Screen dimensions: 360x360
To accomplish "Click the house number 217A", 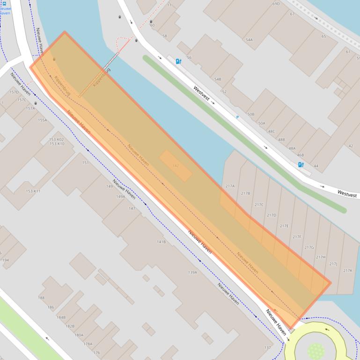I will click(x=230, y=186).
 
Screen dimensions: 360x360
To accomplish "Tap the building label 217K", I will click(x=347, y=271).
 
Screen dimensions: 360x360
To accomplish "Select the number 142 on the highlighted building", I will click(x=176, y=166).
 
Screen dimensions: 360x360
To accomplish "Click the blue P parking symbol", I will click(x=237, y=117).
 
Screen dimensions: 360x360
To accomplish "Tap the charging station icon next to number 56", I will click(x=178, y=61).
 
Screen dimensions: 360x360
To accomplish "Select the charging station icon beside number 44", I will click(x=301, y=164).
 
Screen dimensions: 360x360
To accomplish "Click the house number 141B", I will click(x=161, y=242).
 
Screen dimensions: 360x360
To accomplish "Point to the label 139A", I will click(x=192, y=272).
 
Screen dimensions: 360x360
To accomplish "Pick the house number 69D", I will click(x=276, y=4).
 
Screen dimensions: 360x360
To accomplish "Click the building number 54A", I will click(x=249, y=40).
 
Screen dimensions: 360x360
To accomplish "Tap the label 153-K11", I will click(x=33, y=191).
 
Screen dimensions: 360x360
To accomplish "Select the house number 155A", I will click(x=43, y=120).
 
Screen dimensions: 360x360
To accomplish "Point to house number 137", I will click(x=267, y=347).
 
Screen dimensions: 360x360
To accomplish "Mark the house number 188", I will click(x=41, y=298).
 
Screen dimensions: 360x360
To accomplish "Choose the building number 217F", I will click(x=297, y=237).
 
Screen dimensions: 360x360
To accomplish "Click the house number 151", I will click(x=85, y=163).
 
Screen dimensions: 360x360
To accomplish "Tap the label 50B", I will click(x=250, y=114).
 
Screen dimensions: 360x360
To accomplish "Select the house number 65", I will click(x=323, y=36).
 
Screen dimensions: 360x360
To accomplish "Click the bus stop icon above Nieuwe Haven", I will click(x=4, y=3).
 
